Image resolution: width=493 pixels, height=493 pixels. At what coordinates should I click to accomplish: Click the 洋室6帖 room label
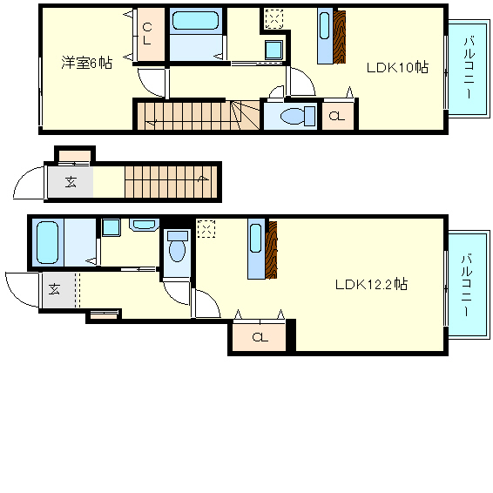tap(86, 63)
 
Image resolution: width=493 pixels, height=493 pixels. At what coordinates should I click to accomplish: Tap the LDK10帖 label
tap(396, 67)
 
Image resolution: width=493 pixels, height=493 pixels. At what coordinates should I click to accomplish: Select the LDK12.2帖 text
tap(372, 284)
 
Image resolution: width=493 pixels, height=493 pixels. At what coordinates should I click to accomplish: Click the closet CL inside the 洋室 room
tap(146, 35)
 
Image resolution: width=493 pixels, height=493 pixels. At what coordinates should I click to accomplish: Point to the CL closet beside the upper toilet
tap(338, 116)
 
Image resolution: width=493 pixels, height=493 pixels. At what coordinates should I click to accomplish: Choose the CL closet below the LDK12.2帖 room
tap(259, 336)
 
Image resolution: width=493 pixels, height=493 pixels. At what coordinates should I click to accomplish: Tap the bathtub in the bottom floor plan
tap(47, 241)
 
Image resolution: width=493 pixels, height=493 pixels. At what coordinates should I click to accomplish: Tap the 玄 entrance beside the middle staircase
tap(67, 183)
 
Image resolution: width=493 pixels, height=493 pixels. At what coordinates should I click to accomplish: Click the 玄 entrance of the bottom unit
tap(55, 289)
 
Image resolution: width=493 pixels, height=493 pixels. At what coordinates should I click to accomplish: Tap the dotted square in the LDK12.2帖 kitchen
tap(206, 228)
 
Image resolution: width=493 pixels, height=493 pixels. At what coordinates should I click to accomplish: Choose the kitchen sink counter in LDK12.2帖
tap(256, 249)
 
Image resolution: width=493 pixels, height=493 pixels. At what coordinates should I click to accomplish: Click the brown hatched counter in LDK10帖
tap(340, 36)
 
